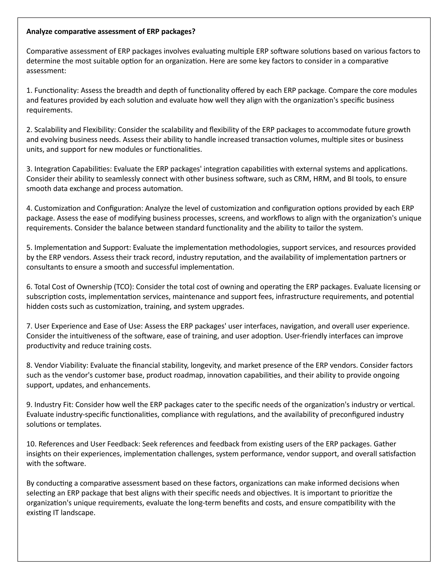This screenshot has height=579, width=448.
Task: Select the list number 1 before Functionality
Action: [x=29, y=90]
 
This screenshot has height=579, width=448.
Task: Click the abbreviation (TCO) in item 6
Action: [x=124, y=287]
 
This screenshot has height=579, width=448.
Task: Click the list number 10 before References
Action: [x=31, y=444]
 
